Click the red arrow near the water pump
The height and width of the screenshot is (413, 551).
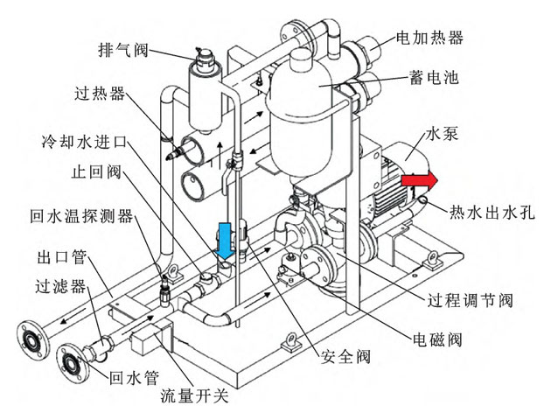[x=420, y=180]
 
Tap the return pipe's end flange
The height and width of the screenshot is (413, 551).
[x=71, y=360]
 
